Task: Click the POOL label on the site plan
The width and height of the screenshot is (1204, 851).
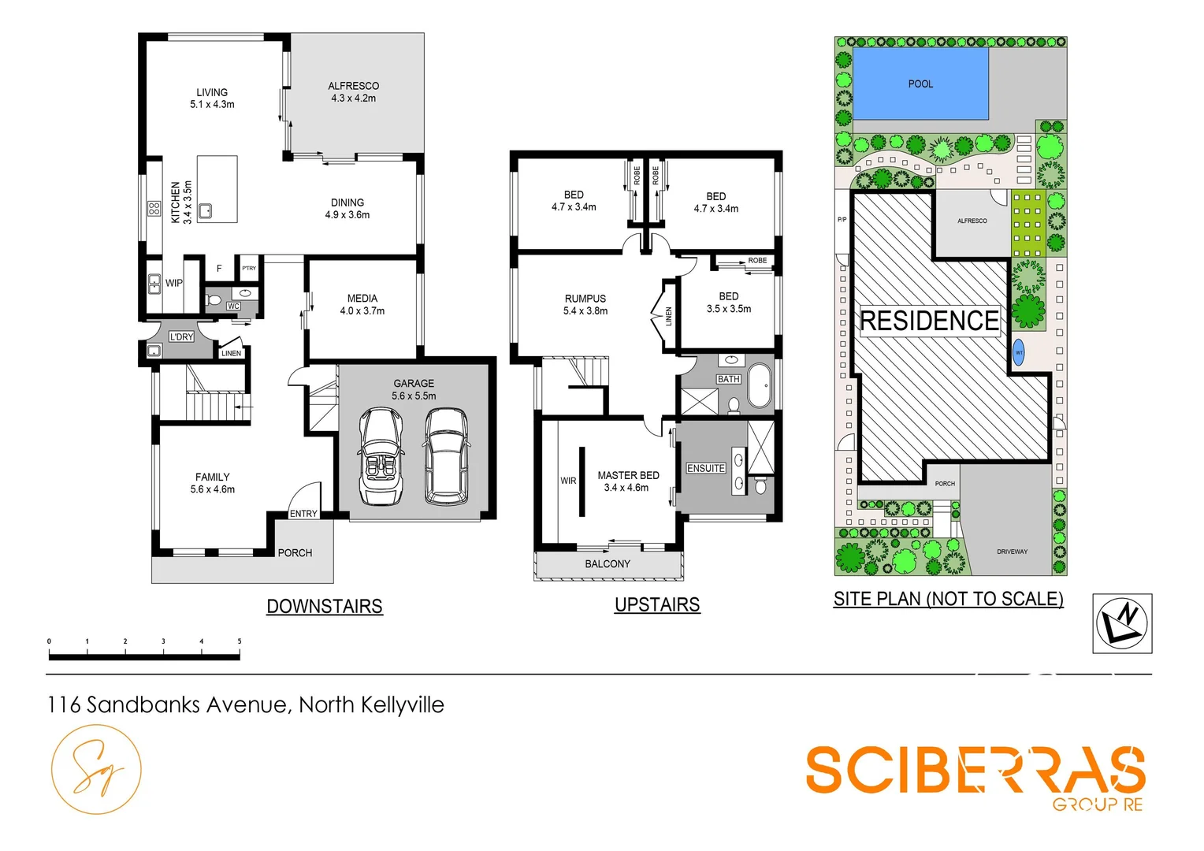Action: (920, 84)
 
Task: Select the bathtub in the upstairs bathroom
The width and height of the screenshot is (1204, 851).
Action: (760, 386)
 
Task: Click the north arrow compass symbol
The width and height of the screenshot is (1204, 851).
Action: (1122, 623)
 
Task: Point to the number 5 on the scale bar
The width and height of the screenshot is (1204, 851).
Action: (240, 641)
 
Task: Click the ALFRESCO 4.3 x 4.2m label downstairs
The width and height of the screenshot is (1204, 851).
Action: (353, 92)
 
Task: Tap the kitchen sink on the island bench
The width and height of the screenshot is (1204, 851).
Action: (206, 210)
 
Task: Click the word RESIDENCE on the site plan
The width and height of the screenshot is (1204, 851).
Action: (930, 321)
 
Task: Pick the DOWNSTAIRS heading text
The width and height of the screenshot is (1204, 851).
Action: (325, 607)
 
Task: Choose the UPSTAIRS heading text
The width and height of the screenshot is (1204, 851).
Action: (657, 605)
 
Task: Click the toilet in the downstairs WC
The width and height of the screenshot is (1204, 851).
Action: (214, 300)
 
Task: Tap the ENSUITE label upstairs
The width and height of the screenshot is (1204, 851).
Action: (705, 468)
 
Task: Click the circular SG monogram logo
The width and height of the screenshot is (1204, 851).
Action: (96, 770)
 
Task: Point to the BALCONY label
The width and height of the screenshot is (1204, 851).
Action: (608, 564)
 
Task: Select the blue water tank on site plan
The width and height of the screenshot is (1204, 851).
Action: (1018, 352)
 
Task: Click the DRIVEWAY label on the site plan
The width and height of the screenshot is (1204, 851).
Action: (1012, 552)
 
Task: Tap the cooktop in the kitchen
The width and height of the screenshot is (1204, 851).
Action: (154, 209)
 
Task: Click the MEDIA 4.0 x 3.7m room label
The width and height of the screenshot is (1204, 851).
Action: (362, 305)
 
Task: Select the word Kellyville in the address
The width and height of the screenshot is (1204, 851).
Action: (403, 704)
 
